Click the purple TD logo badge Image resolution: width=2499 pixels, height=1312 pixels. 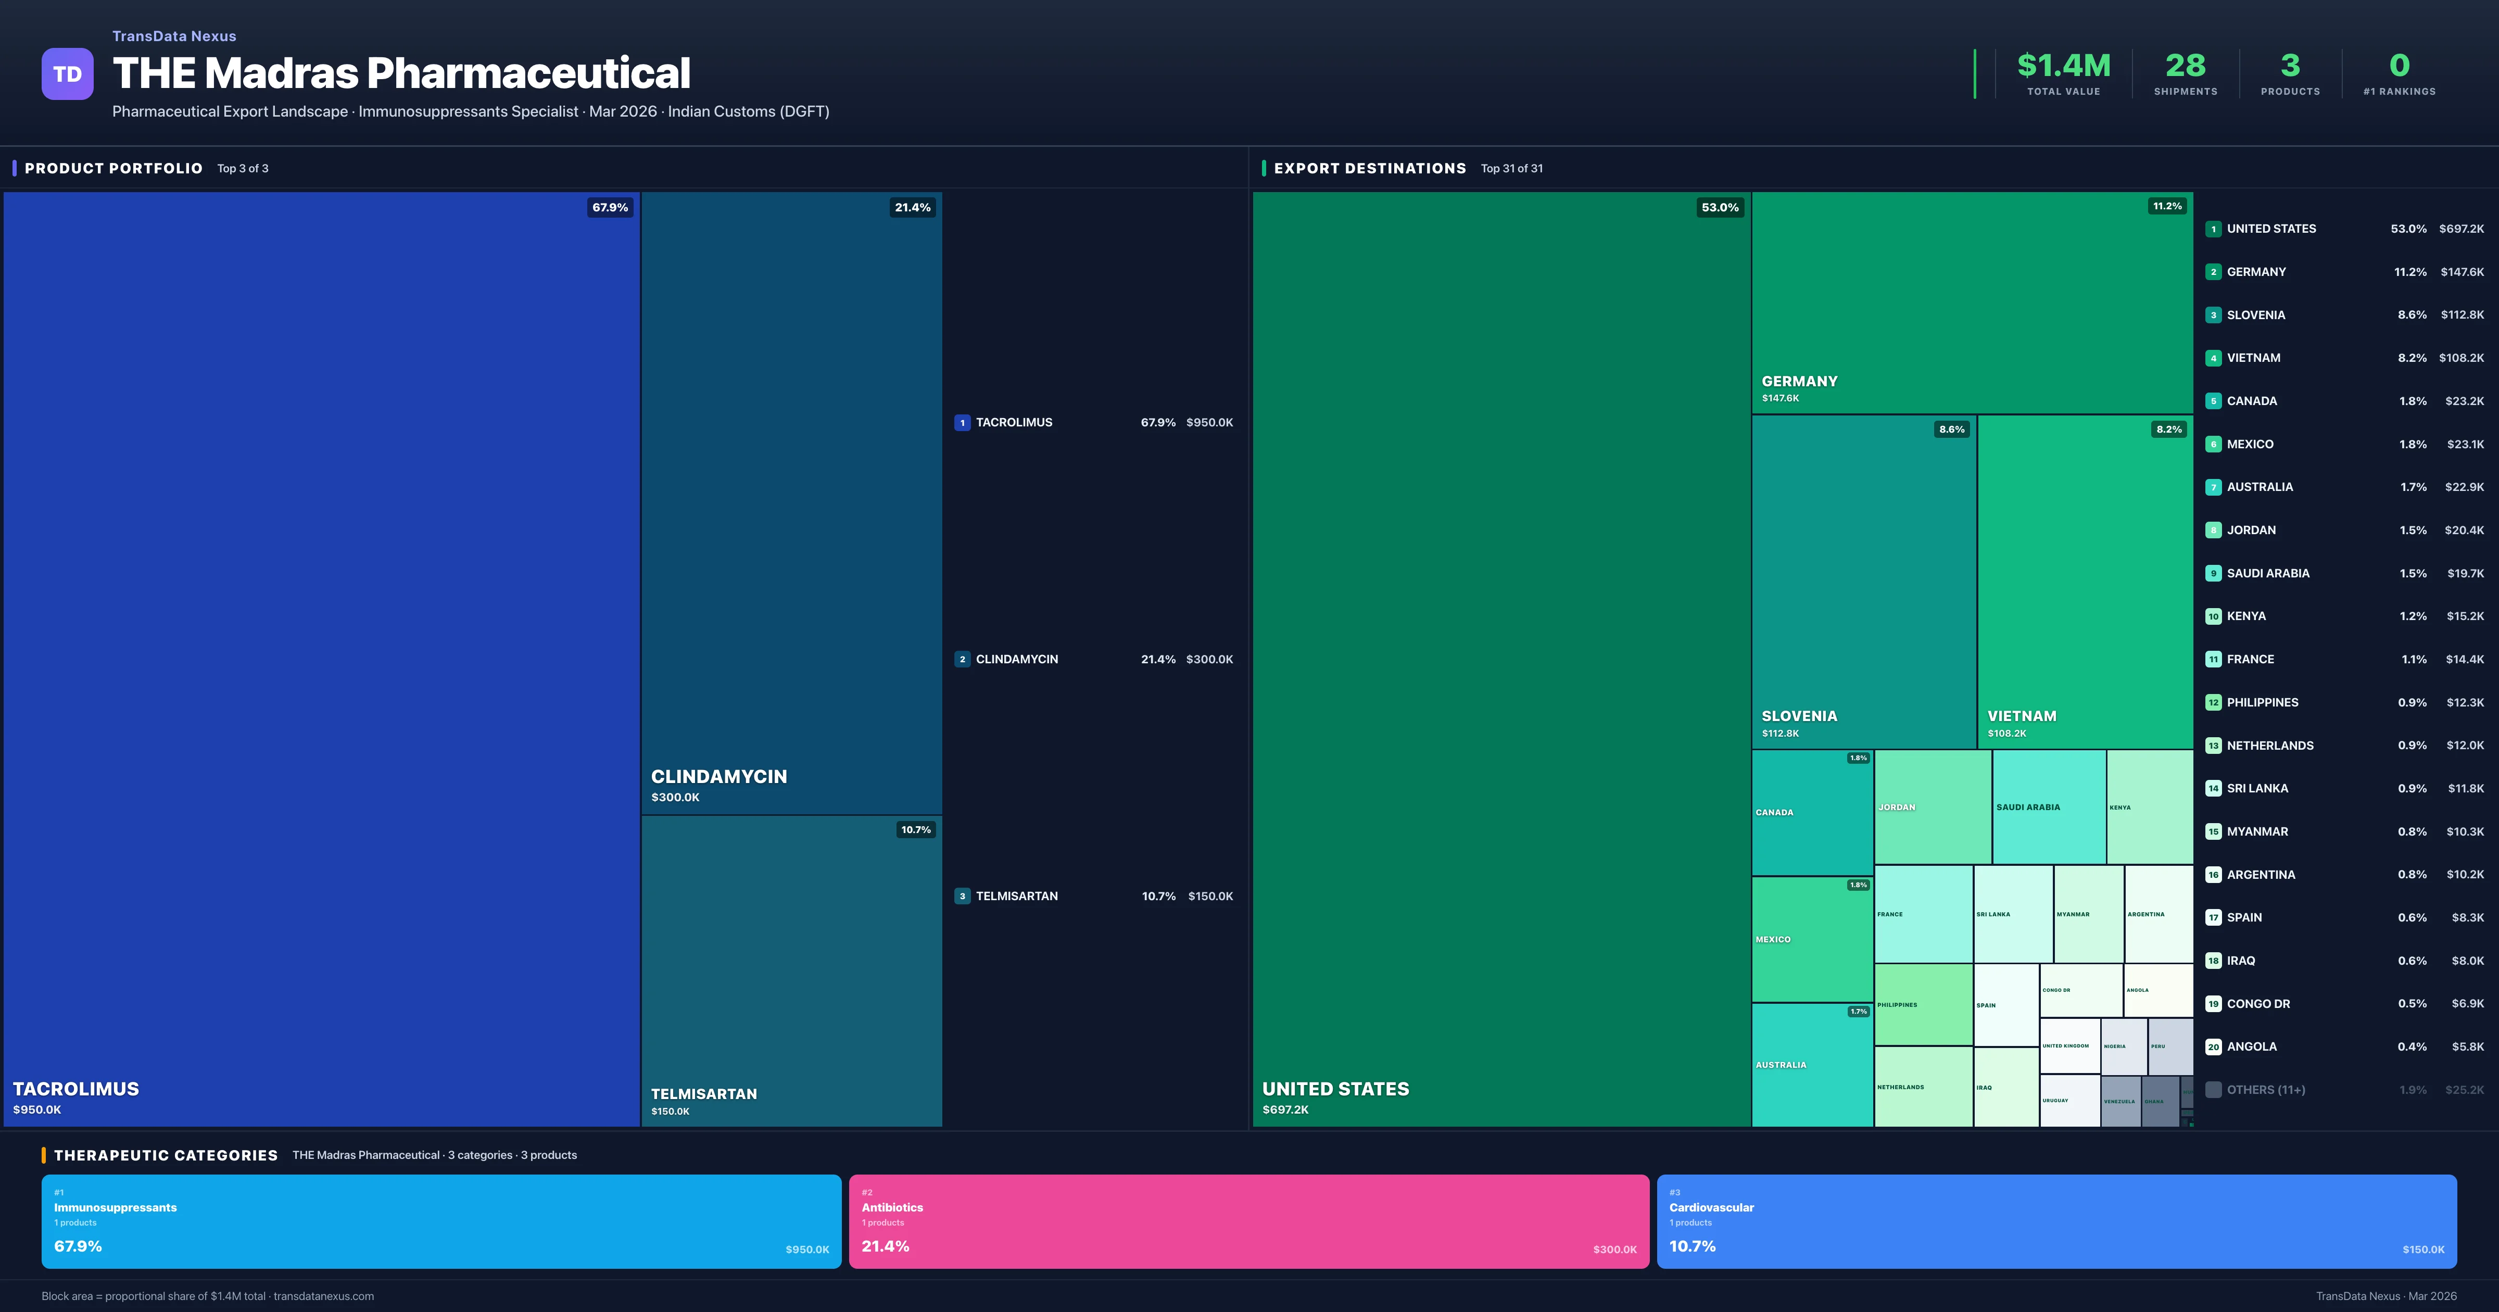67,74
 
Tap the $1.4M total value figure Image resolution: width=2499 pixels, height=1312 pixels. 2063,66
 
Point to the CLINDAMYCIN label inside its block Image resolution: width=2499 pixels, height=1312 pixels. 719,776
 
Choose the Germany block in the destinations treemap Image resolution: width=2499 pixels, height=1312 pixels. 1971,301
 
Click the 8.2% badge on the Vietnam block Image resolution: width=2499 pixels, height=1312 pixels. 2168,429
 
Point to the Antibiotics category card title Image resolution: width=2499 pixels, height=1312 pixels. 891,1207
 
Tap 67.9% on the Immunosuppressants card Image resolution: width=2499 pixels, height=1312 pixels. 78,1246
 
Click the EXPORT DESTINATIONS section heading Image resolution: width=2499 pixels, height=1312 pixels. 1369,168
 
